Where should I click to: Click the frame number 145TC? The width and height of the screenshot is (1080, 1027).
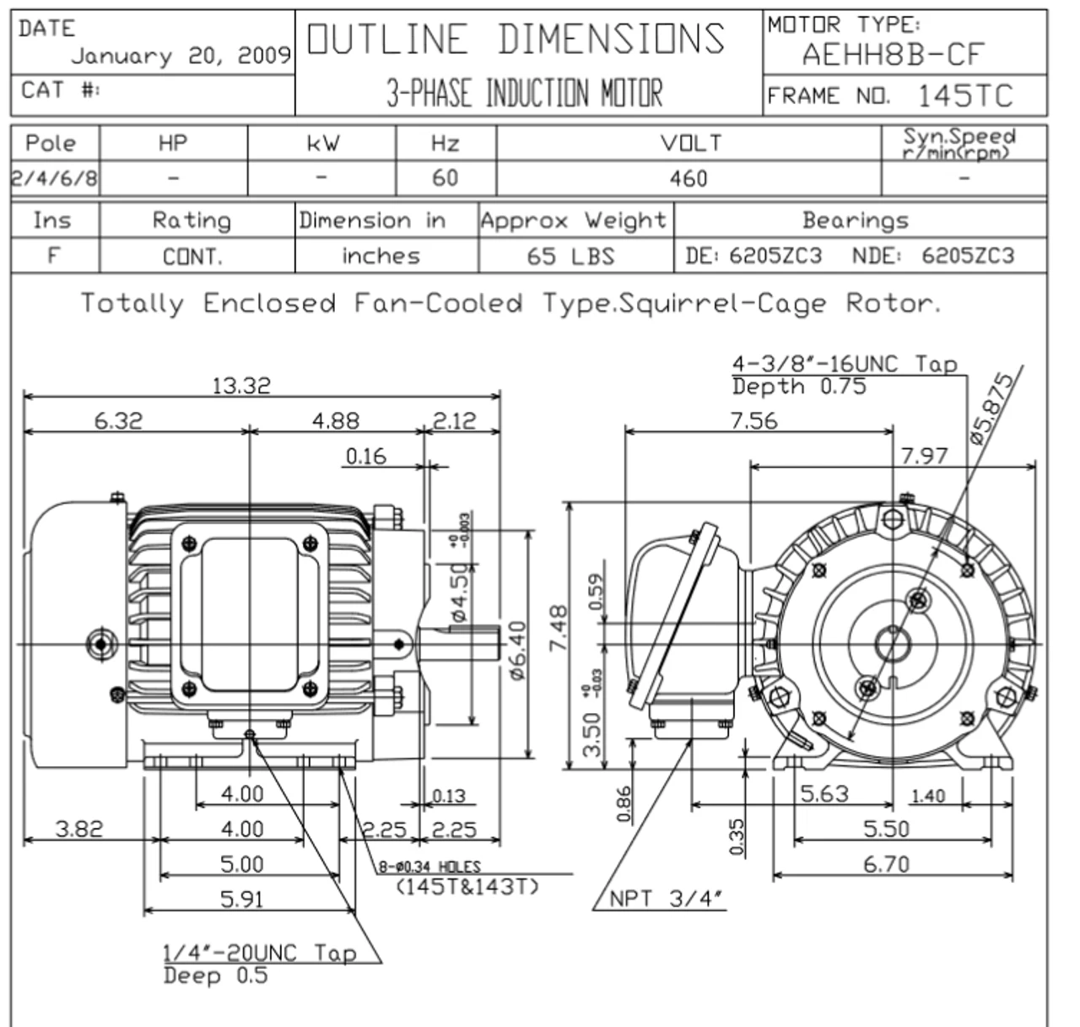point(964,96)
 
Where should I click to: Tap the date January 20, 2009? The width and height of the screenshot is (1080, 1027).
point(181,57)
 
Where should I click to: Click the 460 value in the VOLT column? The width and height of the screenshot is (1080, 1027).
point(688,179)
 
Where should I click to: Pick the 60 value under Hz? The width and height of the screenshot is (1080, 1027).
point(445,178)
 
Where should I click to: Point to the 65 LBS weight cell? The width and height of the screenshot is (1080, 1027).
point(570,256)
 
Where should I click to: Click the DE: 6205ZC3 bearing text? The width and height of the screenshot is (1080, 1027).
point(753,256)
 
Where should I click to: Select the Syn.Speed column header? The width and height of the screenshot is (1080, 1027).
point(959,142)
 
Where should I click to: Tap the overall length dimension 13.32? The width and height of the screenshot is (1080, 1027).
point(241,386)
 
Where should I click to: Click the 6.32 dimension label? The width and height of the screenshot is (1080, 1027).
point(118,420)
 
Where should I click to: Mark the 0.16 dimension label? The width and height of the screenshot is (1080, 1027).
point(366,457)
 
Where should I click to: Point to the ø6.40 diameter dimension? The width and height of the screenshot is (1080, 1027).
point(517,649)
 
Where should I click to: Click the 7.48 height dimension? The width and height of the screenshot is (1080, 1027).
point(558,628)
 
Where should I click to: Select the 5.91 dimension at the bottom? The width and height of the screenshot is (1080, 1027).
point(241,900)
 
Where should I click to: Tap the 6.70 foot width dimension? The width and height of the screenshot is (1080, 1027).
point(886,864)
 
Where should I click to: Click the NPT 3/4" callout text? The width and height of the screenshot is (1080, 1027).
point(667,899)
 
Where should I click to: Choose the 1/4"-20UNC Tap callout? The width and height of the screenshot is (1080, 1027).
point(259,953)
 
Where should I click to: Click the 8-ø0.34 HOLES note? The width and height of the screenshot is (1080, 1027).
point(429,867)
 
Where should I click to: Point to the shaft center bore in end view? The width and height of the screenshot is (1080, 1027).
point(891,646)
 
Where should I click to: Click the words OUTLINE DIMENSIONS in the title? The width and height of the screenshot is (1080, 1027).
point(516,40)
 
